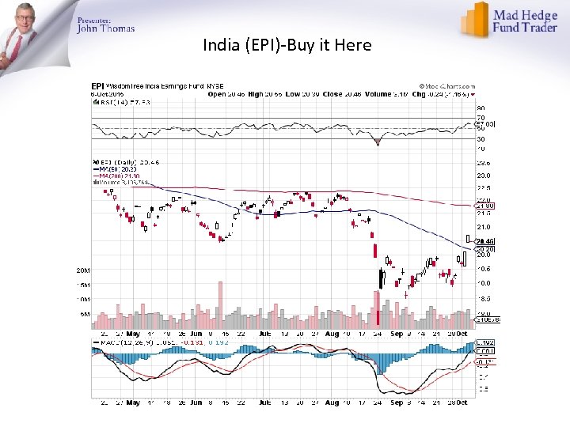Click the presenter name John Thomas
pos(105,28)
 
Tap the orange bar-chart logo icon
pos(476,19)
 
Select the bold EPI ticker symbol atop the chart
pos(97,85)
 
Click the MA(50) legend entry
pos(111,168)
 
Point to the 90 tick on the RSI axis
pos(480,108)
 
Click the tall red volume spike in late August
pos(378,308)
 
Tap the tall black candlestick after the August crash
pos(382,278)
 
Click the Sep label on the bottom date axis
pos(396,402)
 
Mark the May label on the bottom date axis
pos(133,402)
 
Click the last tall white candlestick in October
pos(465,255)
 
